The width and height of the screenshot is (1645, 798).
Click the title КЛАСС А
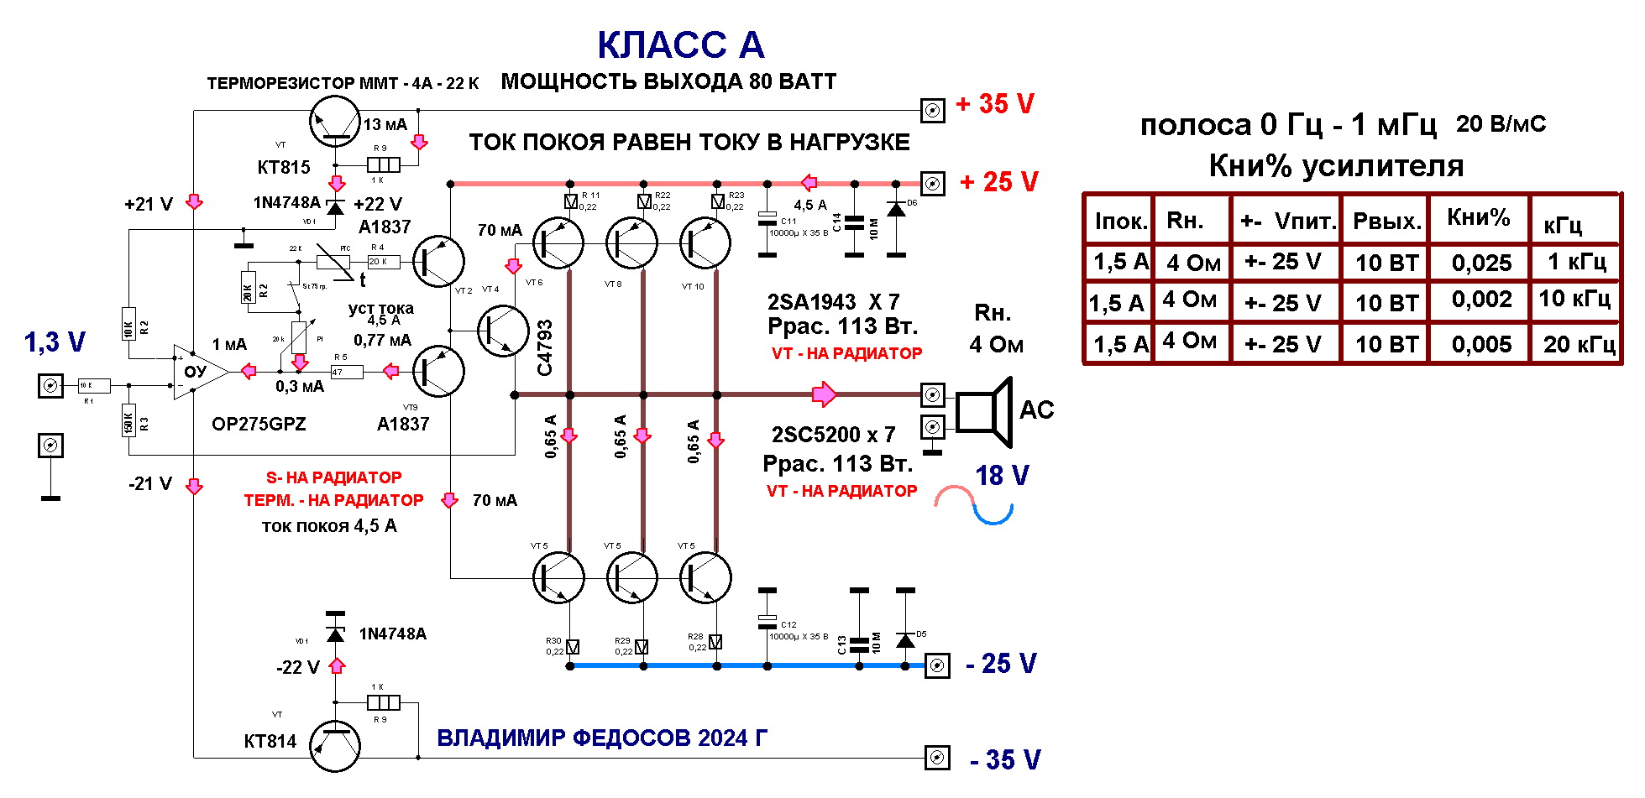click(680, 45)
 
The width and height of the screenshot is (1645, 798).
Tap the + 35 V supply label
click(995, 104)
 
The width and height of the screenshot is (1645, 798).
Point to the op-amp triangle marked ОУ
click(199, 372)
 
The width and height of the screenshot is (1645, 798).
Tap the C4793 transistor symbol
click(503, 331)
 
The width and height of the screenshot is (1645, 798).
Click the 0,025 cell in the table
click(1481, 263)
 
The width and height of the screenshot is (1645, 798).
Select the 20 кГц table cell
click(1579, 344)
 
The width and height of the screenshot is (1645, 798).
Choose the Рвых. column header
click(1386, 222)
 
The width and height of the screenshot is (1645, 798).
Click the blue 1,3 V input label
click(55, 342)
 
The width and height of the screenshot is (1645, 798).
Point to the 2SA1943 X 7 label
click(833, 302)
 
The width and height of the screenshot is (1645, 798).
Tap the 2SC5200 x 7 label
click(833, 435)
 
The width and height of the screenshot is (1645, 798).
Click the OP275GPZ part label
click(259, 425)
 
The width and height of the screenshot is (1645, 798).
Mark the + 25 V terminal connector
click(932, 183)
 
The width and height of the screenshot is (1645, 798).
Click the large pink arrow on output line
click(824, 394)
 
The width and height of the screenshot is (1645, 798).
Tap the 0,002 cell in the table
click(1481, 300)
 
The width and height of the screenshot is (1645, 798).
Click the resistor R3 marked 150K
click(129, 421)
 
